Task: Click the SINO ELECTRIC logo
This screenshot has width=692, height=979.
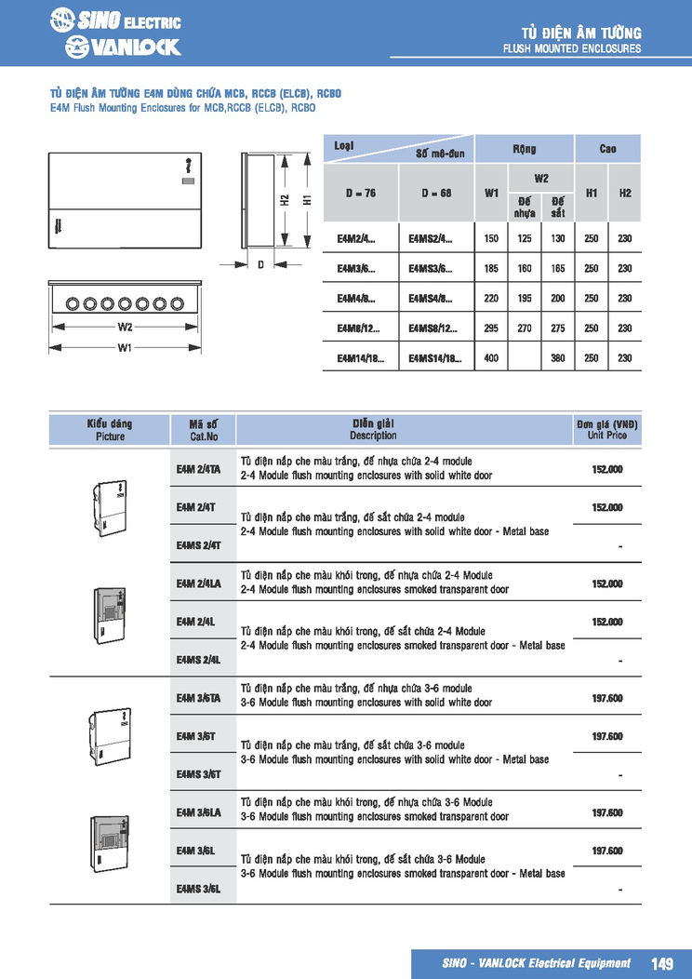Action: tap(115, 20)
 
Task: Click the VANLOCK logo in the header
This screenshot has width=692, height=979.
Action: tap(123, 47)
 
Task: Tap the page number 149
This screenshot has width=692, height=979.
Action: tap(662, 964)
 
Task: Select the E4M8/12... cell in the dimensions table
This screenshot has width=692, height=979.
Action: tap(358, 329)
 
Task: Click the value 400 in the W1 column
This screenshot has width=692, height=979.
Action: tap(490, 358)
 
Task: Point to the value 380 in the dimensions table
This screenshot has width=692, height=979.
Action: tap(557, 358)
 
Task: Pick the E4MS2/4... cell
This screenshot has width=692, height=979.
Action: tap(431, 238)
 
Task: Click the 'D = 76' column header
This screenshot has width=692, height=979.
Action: tap(360, 194)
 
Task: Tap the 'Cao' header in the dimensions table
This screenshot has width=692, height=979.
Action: tap(607, 149)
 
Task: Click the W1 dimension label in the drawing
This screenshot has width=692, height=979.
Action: tap(126, 348)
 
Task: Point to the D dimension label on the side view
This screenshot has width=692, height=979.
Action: tap(261, 265)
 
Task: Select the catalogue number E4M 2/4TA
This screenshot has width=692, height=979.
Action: tap(198, 469)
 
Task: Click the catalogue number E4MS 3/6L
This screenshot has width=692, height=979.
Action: tap(198, 889)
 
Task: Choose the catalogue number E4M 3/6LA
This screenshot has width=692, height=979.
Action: tap(198, 812)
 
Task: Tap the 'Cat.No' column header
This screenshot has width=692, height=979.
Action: tap(205, 436)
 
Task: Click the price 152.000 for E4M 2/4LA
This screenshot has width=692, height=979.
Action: tap(607, 583)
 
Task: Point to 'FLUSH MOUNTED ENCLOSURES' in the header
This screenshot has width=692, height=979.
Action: tap(571, 48)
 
